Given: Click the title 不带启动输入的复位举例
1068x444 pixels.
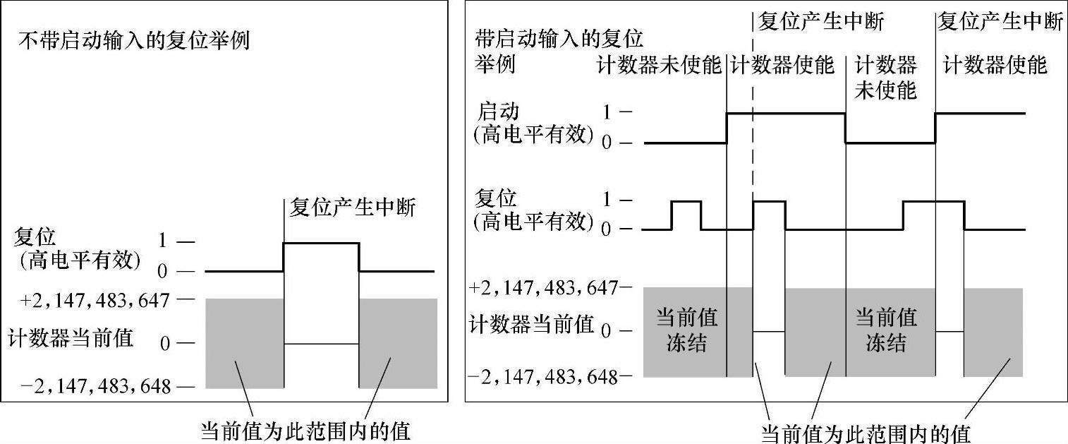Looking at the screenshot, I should [x=133, y=40].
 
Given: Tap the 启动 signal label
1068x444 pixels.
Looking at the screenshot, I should [x=499, y=112].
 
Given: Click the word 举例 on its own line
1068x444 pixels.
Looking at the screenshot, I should [x=495, y=66].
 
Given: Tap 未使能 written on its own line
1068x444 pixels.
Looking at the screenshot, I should [x=885, y=90].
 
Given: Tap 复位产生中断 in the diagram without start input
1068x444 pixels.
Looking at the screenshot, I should [x=353, y=208].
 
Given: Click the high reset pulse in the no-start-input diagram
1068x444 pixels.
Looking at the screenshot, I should [x=321, y=244].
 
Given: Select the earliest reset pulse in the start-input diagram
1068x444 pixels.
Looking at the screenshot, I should [x=686, y=202].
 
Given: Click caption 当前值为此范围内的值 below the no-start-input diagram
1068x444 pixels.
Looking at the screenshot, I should [x=306, y=431].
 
